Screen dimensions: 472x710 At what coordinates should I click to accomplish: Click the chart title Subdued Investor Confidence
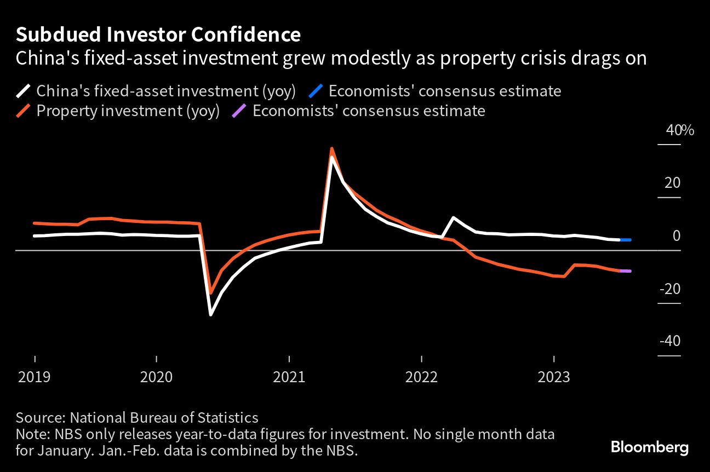click(158, 35)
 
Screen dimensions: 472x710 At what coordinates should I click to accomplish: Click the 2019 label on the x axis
click(35, 377)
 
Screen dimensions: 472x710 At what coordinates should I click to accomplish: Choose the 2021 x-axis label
click(289, 377)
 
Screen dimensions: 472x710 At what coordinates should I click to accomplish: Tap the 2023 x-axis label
click(554, 377)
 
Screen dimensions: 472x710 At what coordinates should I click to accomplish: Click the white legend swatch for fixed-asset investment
click(24, 91)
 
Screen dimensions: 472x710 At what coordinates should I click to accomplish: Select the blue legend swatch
click(316, 91)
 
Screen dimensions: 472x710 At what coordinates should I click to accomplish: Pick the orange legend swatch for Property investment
click(24, 111)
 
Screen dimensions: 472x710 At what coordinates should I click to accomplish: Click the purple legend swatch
click(240, 111)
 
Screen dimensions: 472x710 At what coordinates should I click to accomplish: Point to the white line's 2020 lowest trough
click(210, 315)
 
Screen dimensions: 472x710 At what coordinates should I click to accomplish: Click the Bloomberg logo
click(650, 447)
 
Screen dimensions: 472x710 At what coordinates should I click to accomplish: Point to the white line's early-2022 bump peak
click(454, 218)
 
